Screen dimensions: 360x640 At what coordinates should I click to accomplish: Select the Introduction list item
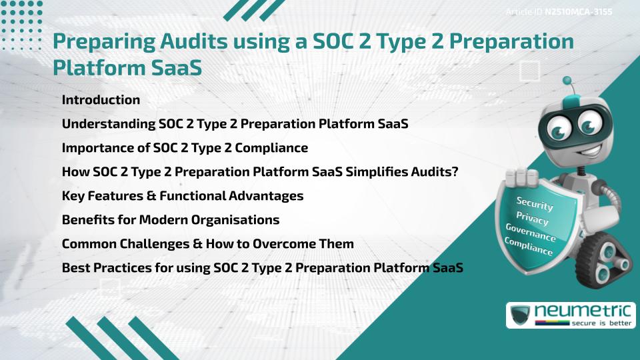pos(101,100)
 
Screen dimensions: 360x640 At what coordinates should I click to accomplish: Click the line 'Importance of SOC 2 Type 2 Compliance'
pos(185,148)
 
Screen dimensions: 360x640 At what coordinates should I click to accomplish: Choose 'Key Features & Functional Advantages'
pos(183,196)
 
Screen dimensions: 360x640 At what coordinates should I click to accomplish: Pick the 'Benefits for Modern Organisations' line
pos(170,220)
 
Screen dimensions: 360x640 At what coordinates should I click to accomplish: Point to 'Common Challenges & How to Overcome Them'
pos(207,244)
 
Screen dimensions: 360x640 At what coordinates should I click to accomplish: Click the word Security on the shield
pos(534,204)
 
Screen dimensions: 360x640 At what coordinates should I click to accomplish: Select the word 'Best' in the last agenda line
pos(76,268)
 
